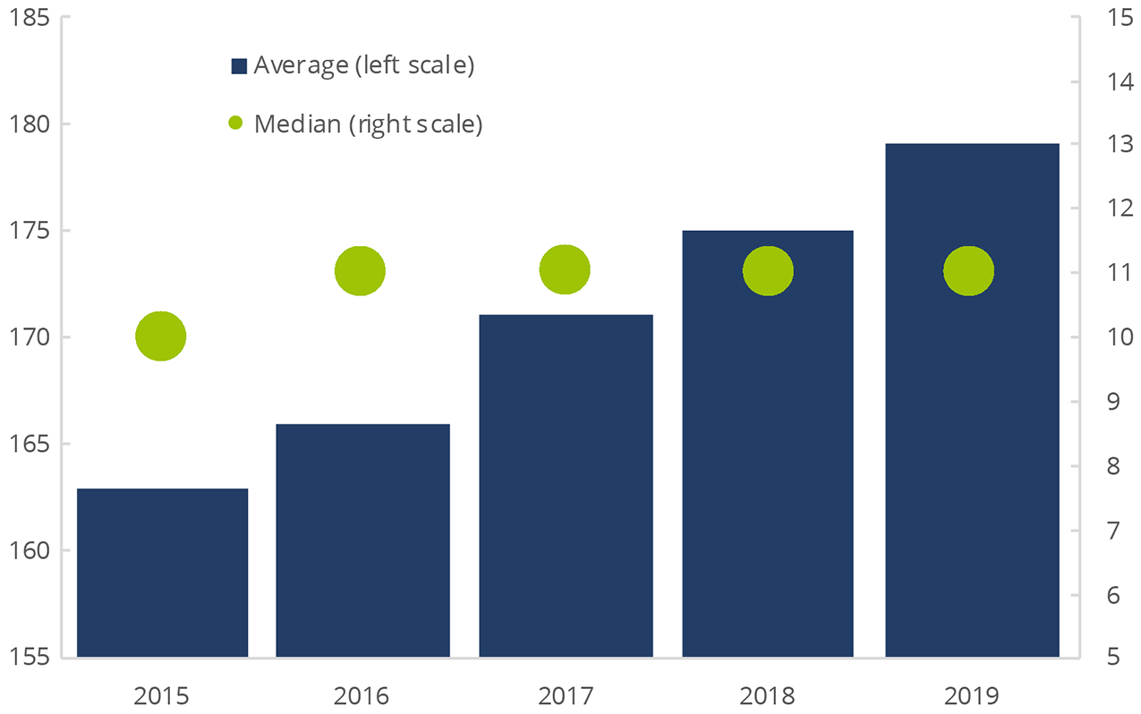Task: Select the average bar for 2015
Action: click(x=162, y=573)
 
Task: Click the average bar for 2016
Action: click(x=362, y=540)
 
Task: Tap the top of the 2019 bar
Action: click(x=972, y=145)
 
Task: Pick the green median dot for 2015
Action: click(x=161, y=336)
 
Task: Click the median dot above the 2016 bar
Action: click(x=360, y=270)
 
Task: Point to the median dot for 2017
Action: click(x=565, y=269)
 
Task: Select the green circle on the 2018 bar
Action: click(x=768, y=271)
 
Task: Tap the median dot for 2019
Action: click(x=969, y=271)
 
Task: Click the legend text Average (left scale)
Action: click(x=363, y=65)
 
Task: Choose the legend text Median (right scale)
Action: click(x=368, y=123)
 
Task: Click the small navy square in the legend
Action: click(x=239, y=66)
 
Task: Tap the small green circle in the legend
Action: click(x=236, y=123)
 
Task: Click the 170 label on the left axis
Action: click(x=30, y=337)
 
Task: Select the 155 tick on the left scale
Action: click(x=30, y=657)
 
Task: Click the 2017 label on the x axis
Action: click(x=566, y=694)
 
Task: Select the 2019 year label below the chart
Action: click(x=972, y=694)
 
